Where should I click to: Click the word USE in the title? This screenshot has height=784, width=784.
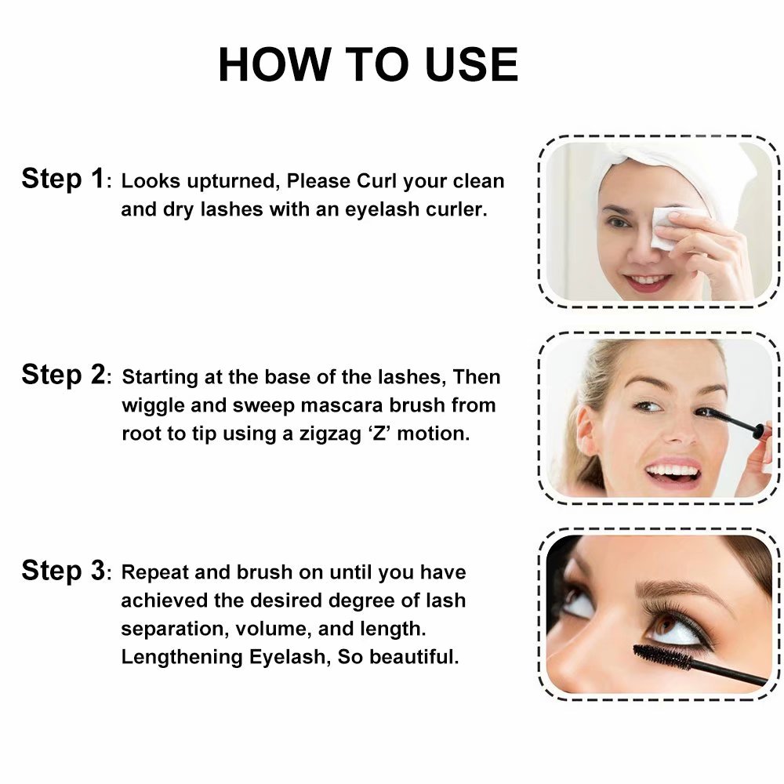[472, 64]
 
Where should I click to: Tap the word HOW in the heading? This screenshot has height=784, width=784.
[274, 64]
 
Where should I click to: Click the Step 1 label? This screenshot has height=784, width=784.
[63, 179]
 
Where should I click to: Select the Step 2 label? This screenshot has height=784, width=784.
[63, 375]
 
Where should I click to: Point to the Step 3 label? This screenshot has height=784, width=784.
[63, 571]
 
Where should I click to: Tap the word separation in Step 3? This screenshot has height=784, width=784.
[175, 629]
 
